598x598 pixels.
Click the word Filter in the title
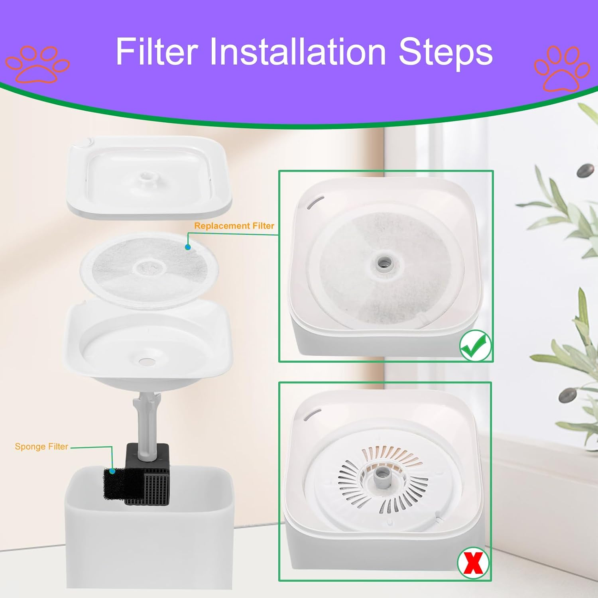[157, 51]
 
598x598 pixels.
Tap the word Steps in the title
[445, 51]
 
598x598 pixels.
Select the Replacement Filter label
[234, 226]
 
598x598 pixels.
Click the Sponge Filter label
[41, 447]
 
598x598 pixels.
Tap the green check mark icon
[475, 346]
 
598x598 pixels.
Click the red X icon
[473, 563]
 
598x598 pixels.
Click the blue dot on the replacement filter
[188, 247]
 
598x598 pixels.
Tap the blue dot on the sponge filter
[112, 471]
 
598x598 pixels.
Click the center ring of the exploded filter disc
[148, 268]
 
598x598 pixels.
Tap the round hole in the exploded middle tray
[146, 361]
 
